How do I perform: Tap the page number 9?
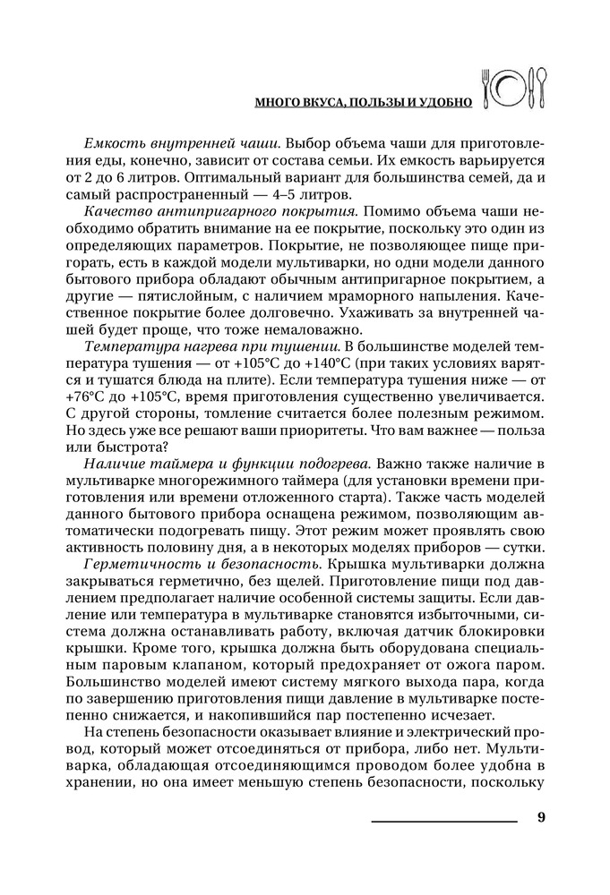coord(541,817)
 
